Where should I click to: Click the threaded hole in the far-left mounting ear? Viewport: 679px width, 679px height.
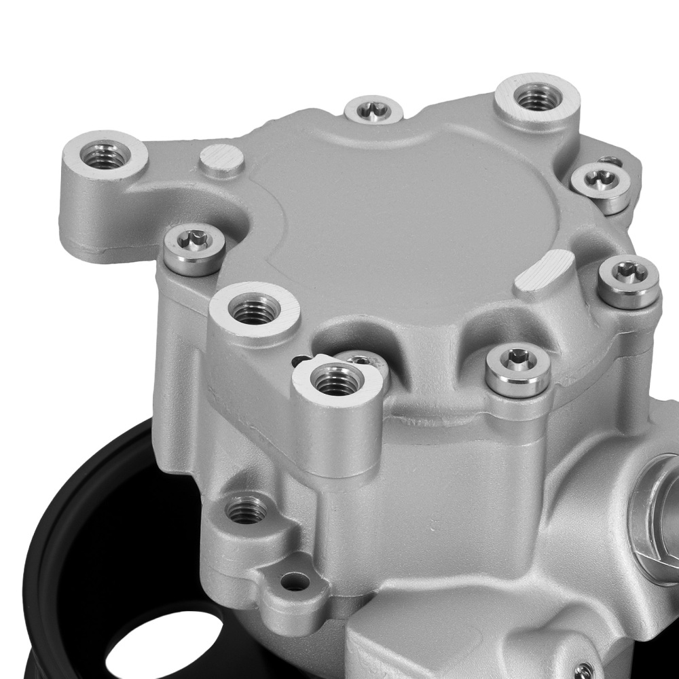coord(104,157)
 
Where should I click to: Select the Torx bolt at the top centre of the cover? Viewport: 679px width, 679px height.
coord(373,109)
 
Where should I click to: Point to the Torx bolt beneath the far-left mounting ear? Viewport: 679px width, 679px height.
coord(195,241)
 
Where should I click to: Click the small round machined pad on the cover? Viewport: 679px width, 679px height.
coord(222,160)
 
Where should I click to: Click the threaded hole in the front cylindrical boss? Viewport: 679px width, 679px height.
coord(337,380)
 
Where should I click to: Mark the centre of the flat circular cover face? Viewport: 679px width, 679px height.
coord(407,224)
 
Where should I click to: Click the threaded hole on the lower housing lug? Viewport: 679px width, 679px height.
coord(246,509)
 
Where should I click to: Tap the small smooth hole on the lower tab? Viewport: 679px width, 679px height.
coord(294,581)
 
